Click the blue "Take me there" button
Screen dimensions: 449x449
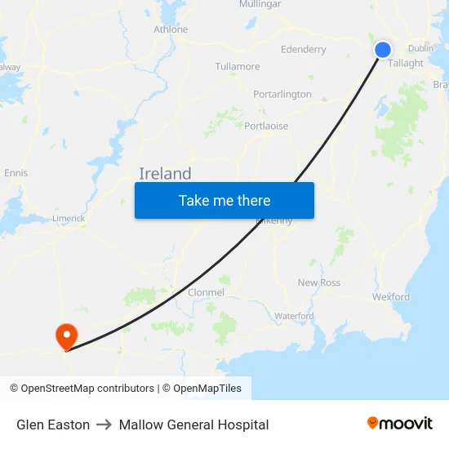224,200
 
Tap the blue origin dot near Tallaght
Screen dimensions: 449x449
382,50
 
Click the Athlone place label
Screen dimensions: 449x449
171,29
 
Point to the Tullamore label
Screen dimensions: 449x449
238,66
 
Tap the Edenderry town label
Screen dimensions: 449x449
303,49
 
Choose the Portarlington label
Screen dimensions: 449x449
282,94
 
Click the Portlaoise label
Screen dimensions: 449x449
266,126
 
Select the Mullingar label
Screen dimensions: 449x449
260,4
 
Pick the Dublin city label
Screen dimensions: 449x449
420,48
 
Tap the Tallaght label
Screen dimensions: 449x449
406,63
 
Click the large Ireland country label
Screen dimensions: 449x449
165,173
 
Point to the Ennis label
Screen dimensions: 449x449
16,173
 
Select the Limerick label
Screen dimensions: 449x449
69,218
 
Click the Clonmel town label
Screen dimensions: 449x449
206,292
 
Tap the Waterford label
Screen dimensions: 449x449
294,316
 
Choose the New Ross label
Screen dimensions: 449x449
318,282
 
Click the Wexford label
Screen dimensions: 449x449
391,297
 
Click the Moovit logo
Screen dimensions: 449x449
400,424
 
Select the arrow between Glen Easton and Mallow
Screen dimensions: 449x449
104,425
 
